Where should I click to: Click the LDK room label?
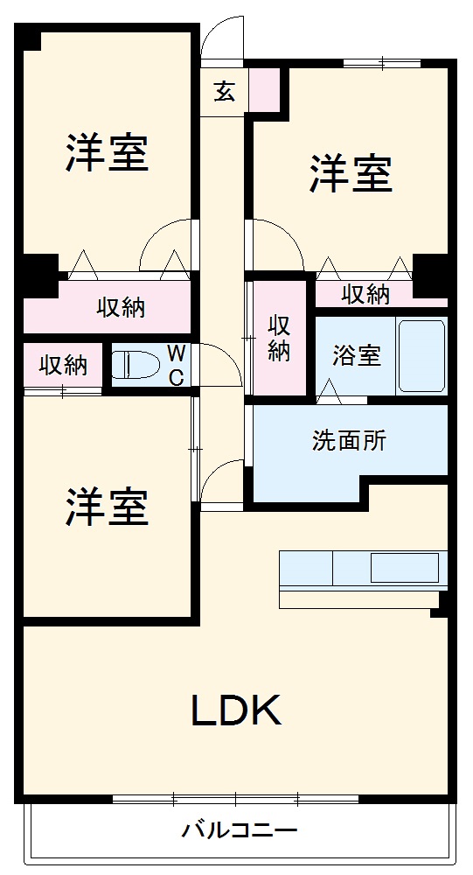click(236, 710)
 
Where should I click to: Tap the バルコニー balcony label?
click(240, 829)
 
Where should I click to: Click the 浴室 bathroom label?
click(356, 356)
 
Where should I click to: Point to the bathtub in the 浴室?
click(421, 355)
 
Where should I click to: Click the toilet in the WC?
click(136, 364)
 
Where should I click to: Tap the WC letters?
click(176, 366)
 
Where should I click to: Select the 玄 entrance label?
click(225, 91)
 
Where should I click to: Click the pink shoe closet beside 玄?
click(264, 89)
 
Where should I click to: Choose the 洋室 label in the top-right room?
click(350, 172)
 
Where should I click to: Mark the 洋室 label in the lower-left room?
click(106, 507)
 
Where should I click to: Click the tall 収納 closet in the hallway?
click(279, 338)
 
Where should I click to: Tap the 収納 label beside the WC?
click(63, 365)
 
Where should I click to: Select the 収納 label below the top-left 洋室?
click(121, 307)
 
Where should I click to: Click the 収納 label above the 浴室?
click(365, 294)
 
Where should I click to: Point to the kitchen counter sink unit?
click(363, 569)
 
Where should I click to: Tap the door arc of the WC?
click(220, 363)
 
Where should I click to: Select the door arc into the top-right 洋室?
click(275, 244)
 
